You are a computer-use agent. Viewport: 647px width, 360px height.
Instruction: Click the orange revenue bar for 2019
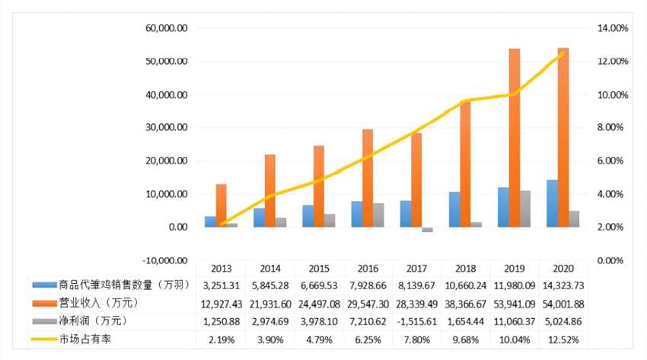click(x=515, y=137)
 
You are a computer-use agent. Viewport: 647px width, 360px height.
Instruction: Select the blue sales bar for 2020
click(x=552, y=203)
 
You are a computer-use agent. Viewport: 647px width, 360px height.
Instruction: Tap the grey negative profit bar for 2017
click(x=427, y=229)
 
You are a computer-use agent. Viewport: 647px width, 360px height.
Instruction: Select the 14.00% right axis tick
click(x=610, y=28)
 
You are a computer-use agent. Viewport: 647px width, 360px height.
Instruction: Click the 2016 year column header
click(x=368, y=269)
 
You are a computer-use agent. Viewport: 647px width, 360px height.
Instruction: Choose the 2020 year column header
click(x=563, y=269)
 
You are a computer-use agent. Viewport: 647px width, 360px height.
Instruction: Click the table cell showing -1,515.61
click(x=416, y=321)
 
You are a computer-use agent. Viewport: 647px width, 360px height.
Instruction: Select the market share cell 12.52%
click(x=563, y=339)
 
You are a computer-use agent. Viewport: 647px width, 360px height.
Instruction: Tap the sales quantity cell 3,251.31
click(x=222, y=286)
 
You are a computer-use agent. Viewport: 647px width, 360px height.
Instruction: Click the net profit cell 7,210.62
click(x=368, y=321)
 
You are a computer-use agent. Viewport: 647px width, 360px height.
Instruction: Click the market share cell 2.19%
click(x=222, y=339)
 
